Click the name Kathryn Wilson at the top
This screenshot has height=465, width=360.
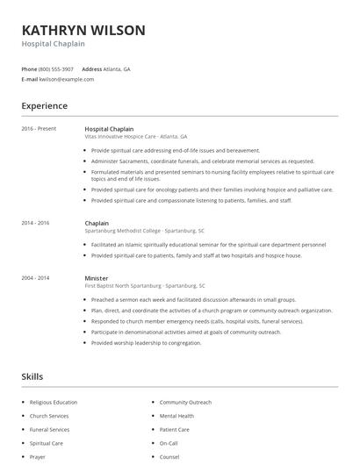(83, 30)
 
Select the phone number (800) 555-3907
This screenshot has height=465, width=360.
(56, 68)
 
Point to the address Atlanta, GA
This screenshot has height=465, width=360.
(118, 68)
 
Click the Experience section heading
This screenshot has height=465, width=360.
(44, 106)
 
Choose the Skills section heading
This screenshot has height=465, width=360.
(32, 376)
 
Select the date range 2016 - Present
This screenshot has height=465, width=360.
(39, 128)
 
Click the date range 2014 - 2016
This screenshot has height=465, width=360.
(35, 223)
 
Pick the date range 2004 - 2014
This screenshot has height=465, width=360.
(35, 277)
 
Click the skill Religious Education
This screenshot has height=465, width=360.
(53, 402)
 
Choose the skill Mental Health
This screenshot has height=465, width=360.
(176, 416)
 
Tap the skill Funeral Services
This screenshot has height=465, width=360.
(49, 430)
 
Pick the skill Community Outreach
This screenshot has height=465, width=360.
(185, 402)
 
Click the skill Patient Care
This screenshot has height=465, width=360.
(174, 430)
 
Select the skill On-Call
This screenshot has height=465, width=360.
(169, 443)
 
